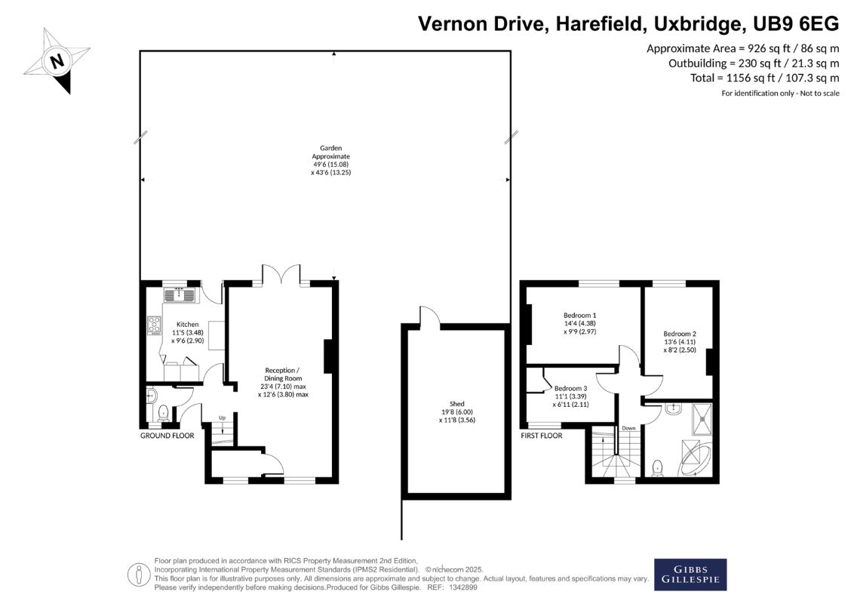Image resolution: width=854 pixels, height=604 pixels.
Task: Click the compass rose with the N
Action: pos(57,60)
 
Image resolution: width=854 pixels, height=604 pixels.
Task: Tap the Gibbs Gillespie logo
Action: pos(690,574)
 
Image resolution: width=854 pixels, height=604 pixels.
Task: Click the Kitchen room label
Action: pos(187,332)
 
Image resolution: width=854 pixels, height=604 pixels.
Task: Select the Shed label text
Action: pos(457,412)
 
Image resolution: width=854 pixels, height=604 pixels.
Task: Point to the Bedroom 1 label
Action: pos(579,323)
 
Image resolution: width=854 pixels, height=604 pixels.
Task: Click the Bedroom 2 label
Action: pos(680,342)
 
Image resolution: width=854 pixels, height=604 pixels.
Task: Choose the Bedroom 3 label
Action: pos(571,396)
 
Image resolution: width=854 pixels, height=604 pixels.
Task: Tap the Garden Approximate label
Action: pos(330,160)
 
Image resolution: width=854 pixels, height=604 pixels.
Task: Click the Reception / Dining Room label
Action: pos(283,382)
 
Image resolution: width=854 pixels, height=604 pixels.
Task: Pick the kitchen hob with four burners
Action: pos(155,325)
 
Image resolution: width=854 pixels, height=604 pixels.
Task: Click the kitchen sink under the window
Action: pos(180,295)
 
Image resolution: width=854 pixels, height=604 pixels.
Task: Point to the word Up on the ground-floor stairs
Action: pos(223,418)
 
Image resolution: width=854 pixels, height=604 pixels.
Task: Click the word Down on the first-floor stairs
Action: pos(628,428)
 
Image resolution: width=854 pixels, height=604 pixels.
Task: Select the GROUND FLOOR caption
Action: pos(167,436)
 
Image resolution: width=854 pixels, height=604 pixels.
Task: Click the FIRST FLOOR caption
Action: pos(542,436)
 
